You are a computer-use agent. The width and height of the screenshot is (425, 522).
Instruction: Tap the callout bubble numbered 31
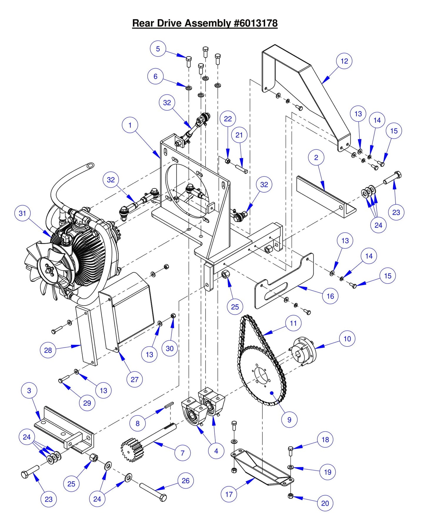[22, 214]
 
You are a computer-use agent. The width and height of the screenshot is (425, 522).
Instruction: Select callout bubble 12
[344, 61]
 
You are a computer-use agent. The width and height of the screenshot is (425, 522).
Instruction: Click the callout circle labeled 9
[289, 420]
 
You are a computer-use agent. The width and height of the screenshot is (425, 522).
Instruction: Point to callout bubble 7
[182, 453]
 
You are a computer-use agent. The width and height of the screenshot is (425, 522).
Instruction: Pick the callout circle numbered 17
[229, 494]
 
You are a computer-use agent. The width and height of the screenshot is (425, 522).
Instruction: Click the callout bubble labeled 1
[130, 125]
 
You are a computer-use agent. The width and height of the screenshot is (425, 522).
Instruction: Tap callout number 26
[186, 481]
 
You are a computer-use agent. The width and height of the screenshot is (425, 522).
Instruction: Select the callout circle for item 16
[330, 296]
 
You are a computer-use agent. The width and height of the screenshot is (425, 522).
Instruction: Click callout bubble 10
[347, 339]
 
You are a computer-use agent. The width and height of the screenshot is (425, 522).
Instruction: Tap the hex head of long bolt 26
[163, 498]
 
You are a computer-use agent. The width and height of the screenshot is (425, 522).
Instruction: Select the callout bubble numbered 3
[29, 391]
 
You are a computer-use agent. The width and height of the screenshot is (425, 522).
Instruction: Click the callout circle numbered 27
[134, 379]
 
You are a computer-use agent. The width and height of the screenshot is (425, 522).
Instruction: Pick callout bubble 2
[316, 158]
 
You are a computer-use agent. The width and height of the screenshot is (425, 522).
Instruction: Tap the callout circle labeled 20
[325, 503]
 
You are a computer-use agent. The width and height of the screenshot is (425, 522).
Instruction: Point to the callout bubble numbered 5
[158, 49]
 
